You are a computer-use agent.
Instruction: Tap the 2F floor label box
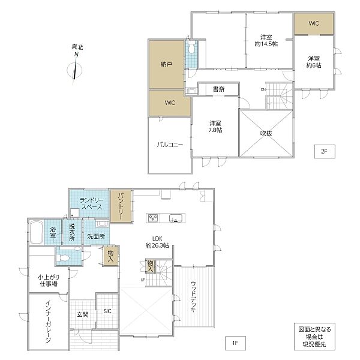pyautogui.click(x=325, y=151)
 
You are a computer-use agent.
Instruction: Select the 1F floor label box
pyautogui.click(x=235, y=343)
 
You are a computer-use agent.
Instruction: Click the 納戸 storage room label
pyautogui.click(x=166, y=65)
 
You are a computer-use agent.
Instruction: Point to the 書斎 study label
pyautogui.click(x=218, y=89)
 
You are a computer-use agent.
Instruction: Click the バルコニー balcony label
pyautogui.click(x=170, y=145)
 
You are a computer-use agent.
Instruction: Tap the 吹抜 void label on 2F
pyautogui.click(x=266, y=133)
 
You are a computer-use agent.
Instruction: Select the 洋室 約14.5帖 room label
pyautogui.click(x=266, y=40)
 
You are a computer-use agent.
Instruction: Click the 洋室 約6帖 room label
pyautogui.click(x=314, y=62)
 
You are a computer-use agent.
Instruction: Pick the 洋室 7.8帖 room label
pyautogui.click(x=215, y=127)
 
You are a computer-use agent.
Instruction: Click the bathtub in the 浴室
pyautogui.click(x=36, y=232)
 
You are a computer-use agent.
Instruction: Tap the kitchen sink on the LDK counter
pyautogui.click(x=177, y=218)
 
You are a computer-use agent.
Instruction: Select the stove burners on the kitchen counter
pyautogui.click(x=153, y=218)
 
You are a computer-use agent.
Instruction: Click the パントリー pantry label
pyautogui.click(x=121, y=206)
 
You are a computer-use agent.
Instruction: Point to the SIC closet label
pyautogui.click(x=107, y=311)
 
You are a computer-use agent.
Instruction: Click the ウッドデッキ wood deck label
pyautogui.click(x=193, y=296)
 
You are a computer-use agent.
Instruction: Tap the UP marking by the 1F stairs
pyautogui.click(x=143, y=280)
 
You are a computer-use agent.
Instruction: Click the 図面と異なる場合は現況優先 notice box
pyautogui.click(x=314, y=337)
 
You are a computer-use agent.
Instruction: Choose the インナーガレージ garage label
pyautogui.click(x=48, y=321)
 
